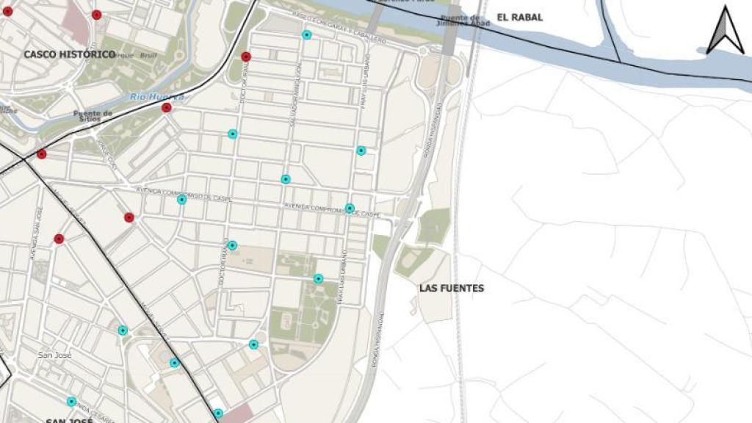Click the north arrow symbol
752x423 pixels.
tap(725, 30)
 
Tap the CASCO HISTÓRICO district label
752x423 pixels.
tap(69, 54)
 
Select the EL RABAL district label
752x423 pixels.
tap(520, 17)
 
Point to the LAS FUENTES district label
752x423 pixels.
tap(452, 289)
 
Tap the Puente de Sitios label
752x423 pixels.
tap(93, 116)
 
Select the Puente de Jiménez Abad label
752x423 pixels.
tap(460, 20)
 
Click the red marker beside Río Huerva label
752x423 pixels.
tap(167, 108)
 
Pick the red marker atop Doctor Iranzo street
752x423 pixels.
tap(246, 57)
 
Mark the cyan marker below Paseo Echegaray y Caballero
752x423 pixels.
tap(307, 35)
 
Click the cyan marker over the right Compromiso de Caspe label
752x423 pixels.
tap(350, 208)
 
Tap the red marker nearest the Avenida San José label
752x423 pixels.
tap(59, 239)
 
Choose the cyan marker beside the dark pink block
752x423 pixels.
tap(218, 413)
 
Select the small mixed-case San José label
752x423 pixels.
tap(54, 355)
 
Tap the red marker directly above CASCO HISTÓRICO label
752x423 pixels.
tap(97, 15)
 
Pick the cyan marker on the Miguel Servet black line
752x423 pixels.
tap(175, 363)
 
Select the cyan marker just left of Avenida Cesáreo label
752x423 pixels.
tap(71, 402)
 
